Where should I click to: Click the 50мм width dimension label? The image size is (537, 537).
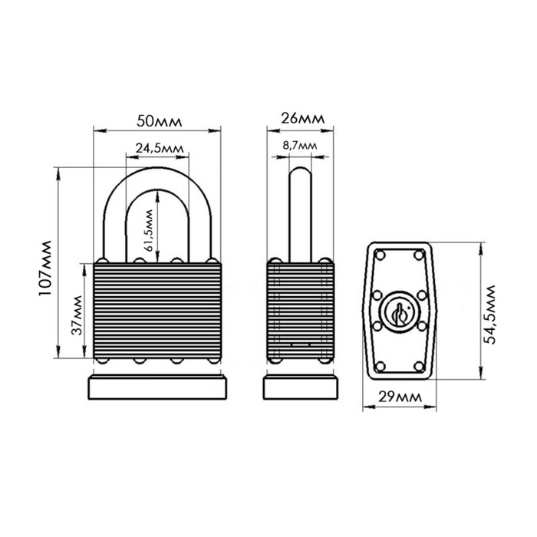click(160, 121)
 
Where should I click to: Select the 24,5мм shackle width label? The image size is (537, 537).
click(160, 148)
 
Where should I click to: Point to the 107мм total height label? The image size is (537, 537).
click(44, 268)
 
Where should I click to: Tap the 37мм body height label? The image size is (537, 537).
click(77, 315)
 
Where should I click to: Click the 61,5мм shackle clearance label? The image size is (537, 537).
click(149, 230)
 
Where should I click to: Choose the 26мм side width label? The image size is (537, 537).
click(302, 118)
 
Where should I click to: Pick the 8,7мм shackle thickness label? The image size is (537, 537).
click(300, 146)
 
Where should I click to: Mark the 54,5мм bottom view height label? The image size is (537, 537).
click(491, 315)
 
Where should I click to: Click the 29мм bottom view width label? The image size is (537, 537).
click(400, 397)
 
